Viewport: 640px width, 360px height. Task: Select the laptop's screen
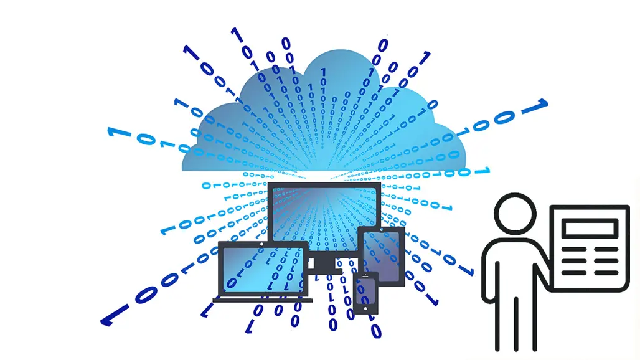(262, 268)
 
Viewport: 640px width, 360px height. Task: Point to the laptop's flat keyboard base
(262, 300)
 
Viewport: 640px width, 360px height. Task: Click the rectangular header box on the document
(589, 229)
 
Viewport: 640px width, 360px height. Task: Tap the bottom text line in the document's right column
(606, 272)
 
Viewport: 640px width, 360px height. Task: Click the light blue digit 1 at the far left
(112, 132)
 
